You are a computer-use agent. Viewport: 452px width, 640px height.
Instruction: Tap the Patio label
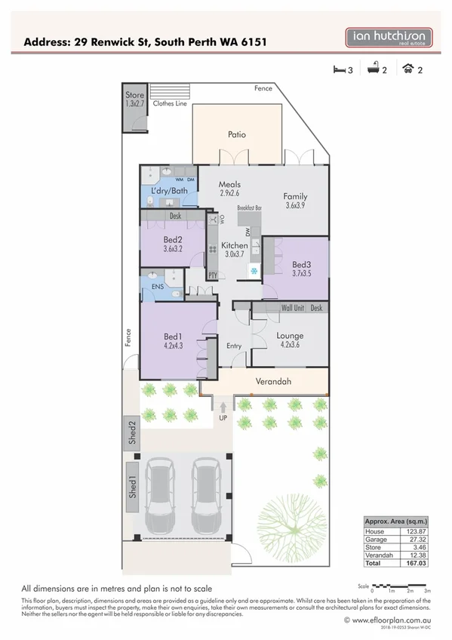click(237, 135)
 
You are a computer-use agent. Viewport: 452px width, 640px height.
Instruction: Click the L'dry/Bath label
click(168, 191)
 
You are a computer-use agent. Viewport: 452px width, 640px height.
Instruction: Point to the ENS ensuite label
click(157, 287)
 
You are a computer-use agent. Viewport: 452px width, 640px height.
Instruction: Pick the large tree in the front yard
click(295, 510)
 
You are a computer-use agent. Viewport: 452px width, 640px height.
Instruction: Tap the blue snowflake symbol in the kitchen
click(254, 270)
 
